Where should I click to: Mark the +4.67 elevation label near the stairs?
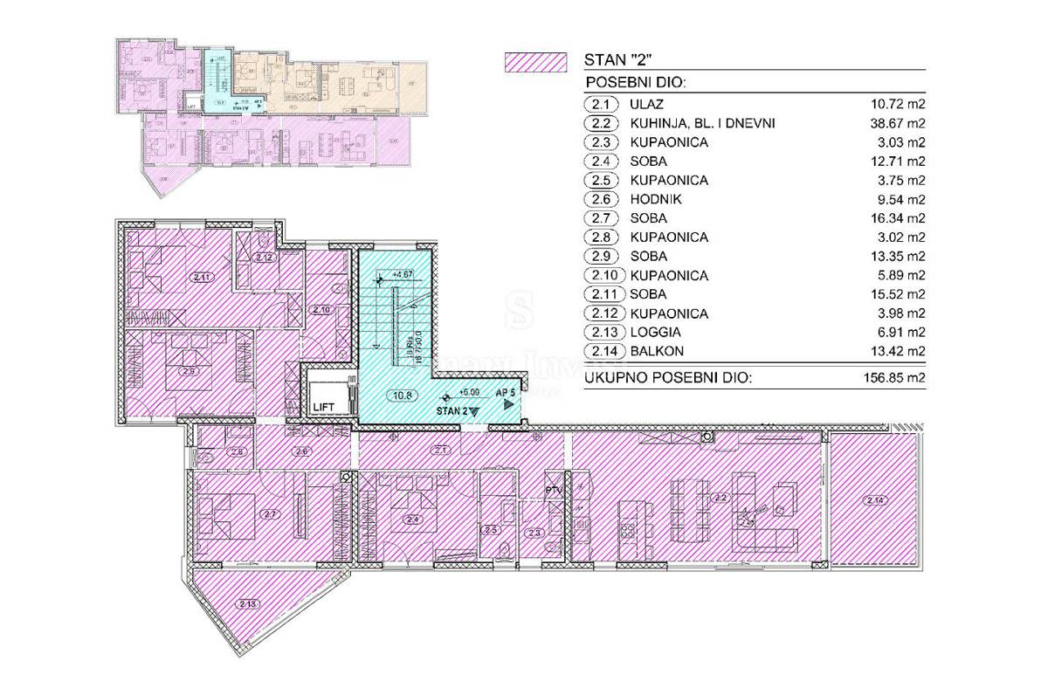(x=403, y=274)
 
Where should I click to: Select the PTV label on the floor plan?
(x=551, y=490)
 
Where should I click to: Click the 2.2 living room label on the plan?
(x=720, y=499)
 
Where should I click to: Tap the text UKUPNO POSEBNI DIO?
(x=669, y=377)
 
